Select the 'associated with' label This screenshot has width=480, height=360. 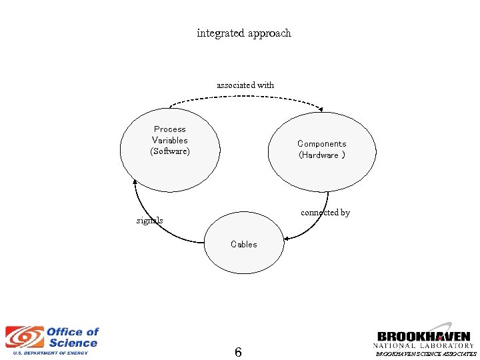click(245, 85)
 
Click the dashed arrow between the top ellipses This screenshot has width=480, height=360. click(245, 98)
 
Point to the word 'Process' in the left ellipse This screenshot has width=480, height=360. click(170, 129)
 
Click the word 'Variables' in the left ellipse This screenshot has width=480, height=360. click(170, 141)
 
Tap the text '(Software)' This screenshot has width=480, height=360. click(170, 152)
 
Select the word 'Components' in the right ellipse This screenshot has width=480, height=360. click(322, 144)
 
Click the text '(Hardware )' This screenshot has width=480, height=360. click(322, 155)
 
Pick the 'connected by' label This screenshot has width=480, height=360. click(325, 213)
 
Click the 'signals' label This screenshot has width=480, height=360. click(149, 221)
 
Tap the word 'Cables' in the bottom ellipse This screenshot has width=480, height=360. click(243, 245)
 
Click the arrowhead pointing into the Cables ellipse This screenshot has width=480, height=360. click(286, 238)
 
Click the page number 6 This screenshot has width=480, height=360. click(238, 352)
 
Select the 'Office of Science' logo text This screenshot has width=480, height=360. click(72, 337)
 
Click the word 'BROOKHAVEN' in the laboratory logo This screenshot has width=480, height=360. click(423, 337)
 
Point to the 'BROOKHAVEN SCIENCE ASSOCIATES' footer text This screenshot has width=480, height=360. click(426, 355)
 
